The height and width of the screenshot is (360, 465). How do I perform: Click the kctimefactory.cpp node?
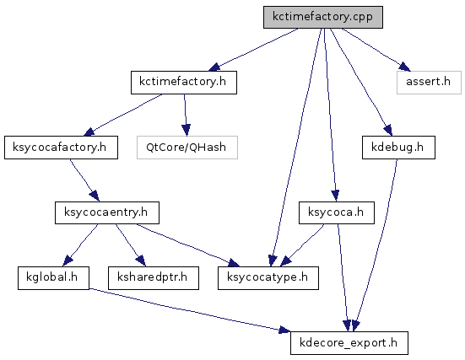point(323,17)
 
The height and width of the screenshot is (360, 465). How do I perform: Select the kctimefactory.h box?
point(184,83)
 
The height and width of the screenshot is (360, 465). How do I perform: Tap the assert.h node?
point(429,83)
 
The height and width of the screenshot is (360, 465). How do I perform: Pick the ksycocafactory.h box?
point(61,148)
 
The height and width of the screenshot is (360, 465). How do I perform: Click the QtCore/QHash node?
point(187,148)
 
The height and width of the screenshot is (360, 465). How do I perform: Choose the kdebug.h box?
point(398,148)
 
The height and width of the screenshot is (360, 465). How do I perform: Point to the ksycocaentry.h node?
point(107,212)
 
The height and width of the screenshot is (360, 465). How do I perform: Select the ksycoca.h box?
point(337,212)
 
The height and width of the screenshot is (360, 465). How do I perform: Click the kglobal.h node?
point(53,278)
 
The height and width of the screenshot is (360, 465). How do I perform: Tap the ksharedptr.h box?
point(154,278)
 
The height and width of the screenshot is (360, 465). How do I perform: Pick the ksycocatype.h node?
point(268,278)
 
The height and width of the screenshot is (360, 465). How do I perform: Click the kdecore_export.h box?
point(349,343)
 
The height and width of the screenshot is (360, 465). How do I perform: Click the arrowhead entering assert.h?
point(405,67)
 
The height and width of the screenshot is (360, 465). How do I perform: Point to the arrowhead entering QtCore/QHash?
point(186,131)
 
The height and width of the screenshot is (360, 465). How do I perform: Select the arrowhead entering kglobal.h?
point(68,261)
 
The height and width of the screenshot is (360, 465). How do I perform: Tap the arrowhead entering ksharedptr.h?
point(141,261)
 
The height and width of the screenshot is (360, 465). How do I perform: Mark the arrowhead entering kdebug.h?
point(388,131)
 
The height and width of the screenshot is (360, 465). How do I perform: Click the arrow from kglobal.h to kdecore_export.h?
point(190,310)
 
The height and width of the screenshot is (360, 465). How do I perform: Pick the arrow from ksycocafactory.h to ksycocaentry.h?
point(84,180)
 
